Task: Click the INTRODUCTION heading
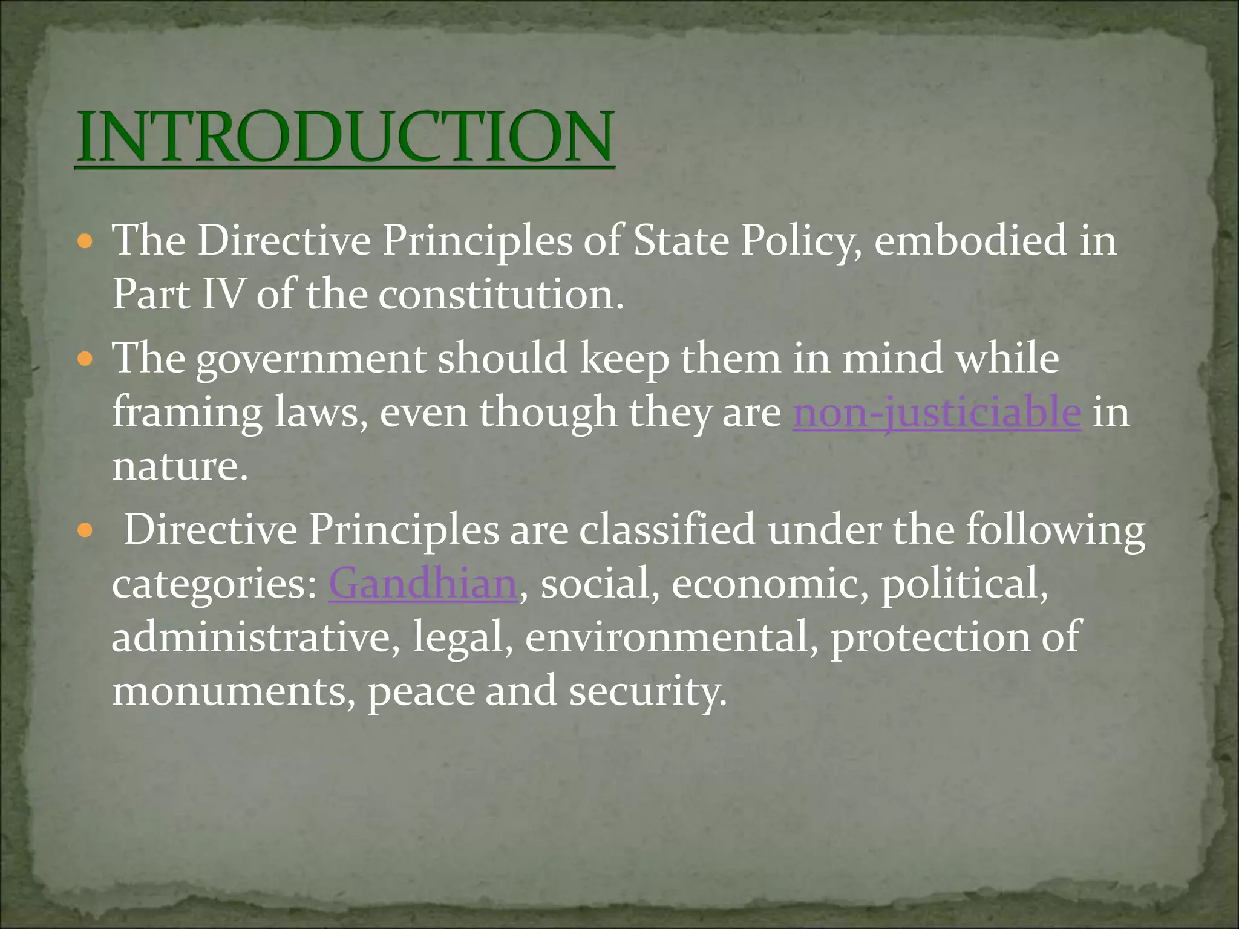(345, 137)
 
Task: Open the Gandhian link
(423, 584)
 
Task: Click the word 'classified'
(667, 530)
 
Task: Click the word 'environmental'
(667, 637)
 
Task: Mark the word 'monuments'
(229, 691)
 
